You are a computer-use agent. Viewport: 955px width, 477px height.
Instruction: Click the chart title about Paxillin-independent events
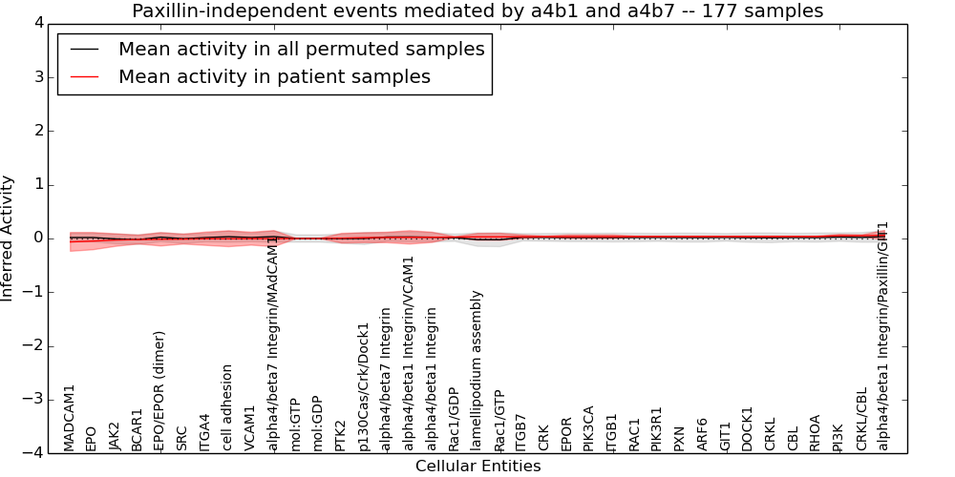[477, 11]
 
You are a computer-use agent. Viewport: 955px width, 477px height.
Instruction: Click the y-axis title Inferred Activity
[9, 238]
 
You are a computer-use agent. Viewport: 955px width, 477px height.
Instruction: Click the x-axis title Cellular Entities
[477, 467]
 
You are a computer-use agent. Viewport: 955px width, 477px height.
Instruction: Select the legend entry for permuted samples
[301, 50]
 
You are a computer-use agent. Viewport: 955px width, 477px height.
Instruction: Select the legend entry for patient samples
[274, 77]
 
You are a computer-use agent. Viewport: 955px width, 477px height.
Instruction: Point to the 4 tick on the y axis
[42, 23]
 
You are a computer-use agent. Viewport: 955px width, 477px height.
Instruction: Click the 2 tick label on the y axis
[42, 131]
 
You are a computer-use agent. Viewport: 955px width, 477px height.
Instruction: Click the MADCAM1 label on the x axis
[70, 417]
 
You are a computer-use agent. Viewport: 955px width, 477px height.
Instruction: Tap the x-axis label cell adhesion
[227, 407]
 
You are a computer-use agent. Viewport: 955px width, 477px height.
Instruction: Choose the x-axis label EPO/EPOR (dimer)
[159, 390]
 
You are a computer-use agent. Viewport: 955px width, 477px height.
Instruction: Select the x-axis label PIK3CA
[589, 427]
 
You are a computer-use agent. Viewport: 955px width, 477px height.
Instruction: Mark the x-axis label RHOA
[816, 432]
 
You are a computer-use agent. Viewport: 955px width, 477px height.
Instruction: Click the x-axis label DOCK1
[748, 428]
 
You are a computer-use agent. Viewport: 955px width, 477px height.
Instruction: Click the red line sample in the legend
[82, 77]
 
